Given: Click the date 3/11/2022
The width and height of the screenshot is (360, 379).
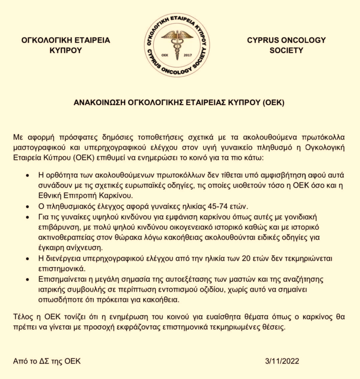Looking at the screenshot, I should click(283, 361).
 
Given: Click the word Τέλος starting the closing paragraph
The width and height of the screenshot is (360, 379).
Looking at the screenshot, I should click(22, 317).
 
